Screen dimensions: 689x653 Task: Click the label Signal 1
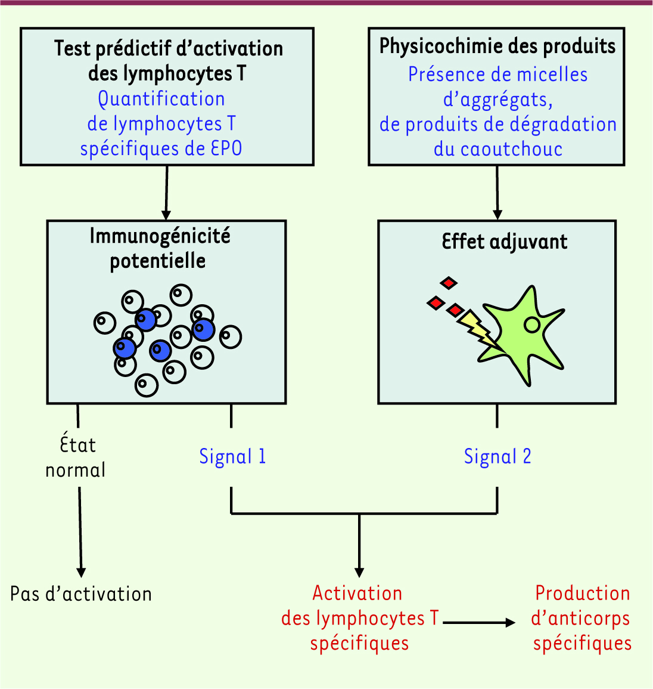coord(232,456)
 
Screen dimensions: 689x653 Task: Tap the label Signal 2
coord(497,456)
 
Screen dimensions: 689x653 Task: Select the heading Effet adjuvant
coord(505,242)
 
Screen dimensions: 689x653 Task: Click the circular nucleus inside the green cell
coord(531,325)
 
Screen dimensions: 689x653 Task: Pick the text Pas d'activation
coord(81,594)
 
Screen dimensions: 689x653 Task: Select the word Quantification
coord(161,99)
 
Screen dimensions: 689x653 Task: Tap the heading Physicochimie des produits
coord(497,47)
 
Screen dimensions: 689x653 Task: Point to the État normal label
coord(76,458)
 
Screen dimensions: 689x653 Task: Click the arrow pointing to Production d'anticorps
coord(480,623)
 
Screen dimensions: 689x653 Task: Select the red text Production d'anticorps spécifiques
coord(582,618)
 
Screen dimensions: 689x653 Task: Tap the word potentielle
coord(158,261)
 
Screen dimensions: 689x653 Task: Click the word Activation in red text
coord(357,594)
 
